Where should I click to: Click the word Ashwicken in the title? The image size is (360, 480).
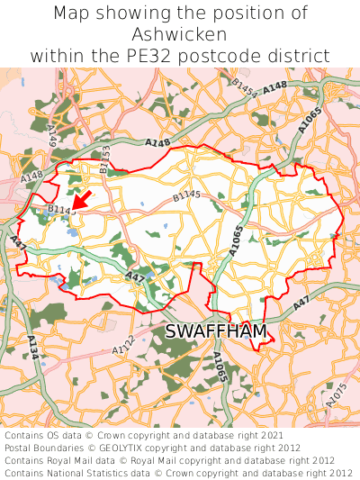point(179,34)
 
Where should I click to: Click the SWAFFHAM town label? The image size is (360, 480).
point(216,332)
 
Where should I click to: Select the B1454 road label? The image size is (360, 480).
point(244,86)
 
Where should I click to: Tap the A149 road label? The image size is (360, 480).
point(51,136)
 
